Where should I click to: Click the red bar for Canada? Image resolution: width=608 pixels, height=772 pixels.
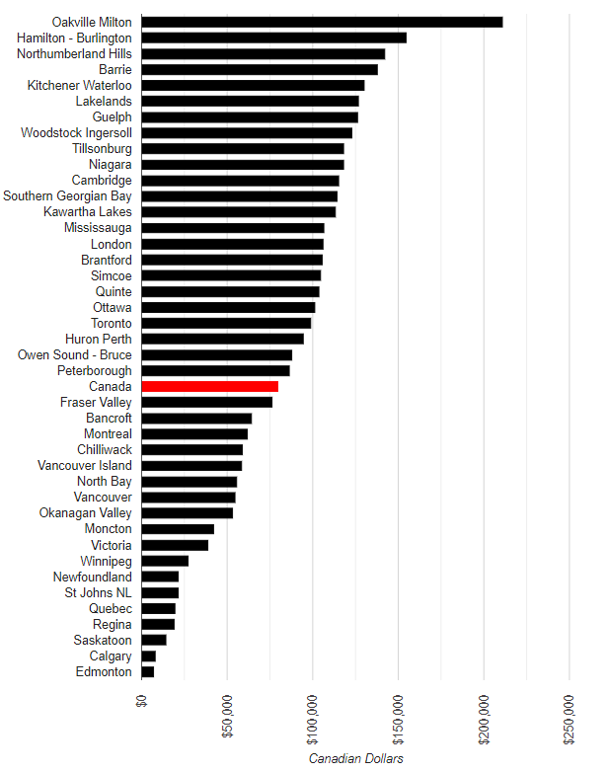pos(209,386)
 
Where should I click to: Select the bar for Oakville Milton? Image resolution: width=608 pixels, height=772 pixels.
pos(322,22)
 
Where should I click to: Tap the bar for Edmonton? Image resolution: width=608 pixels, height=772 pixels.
pos(148,671)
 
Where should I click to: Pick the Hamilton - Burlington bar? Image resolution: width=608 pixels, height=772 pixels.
pos(274,38)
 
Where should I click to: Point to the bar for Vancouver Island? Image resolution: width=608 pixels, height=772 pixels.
pos(191,465)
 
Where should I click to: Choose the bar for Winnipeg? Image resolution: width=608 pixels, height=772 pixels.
pos(165,561)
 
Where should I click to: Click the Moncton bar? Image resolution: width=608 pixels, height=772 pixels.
pos(178,529)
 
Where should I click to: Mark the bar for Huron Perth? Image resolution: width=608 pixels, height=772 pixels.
pos(222,339)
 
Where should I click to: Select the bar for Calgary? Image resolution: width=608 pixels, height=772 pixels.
pos(149,656)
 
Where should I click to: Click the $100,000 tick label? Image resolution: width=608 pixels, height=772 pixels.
pos(312,720)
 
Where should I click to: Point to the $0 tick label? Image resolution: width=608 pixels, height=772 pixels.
pos(141,701)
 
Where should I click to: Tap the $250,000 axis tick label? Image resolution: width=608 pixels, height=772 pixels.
pos(569,720)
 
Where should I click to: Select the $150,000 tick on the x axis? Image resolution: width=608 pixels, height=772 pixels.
pos(398,720)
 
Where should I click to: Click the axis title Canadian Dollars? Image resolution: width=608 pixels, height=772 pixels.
pos(355,758)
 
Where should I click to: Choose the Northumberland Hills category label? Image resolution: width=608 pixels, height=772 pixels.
pos(74,53)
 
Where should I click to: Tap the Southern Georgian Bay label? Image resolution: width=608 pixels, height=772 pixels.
pos(67,195)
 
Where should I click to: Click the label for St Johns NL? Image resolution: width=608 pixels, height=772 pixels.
pos(98,592)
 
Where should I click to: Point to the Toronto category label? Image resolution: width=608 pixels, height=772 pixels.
pos(112,323)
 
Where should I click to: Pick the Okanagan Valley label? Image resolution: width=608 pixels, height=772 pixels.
pos(86,513)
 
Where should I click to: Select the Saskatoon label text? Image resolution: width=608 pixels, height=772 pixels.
pos(103,640)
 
